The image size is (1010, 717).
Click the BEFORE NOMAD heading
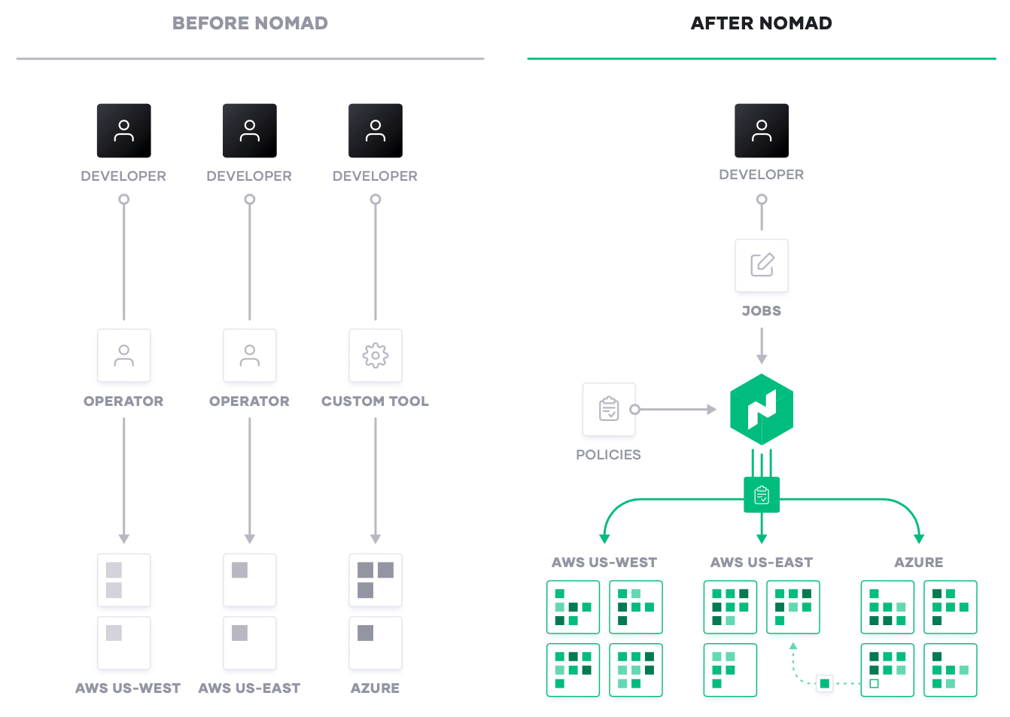pos(250,23)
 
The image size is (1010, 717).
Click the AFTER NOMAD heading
pos(761,23)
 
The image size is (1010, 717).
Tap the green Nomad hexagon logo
pos(762,409)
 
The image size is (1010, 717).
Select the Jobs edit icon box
pos(762,265)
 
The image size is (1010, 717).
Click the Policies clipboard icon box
pos(609,409)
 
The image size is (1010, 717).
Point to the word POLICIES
pos(608,455)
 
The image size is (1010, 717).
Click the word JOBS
pos(762,311)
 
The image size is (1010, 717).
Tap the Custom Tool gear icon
pos(375,355)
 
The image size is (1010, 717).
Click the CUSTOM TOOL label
pos(375,401)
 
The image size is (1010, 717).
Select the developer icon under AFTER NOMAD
pos(762,131)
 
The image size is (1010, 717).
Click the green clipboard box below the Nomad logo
pos(762,495)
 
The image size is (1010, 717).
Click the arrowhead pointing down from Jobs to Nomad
pos(762,359)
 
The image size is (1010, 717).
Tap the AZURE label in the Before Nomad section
pos(375,688)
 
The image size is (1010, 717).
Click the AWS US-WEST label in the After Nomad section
pos(604,563)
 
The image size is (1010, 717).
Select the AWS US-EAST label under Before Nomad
pos(249,688)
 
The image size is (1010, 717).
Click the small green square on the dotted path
pos(825,684)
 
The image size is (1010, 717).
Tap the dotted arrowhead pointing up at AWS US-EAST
pos(793,646)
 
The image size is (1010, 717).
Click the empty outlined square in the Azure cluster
pos(874,684)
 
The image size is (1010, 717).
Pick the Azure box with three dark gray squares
pos(375,580)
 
